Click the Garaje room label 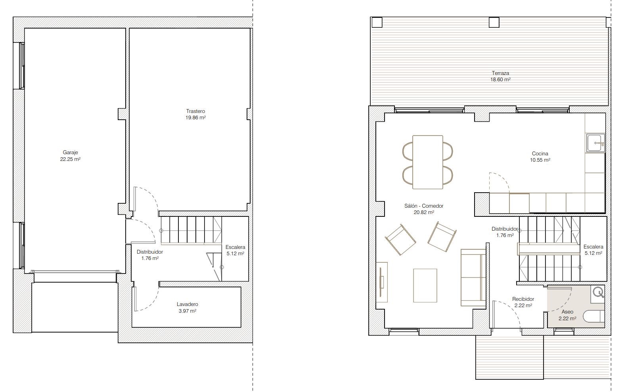pyautogui.click(x=70, y=152)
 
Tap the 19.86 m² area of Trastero pyautogui.click(x=195, y=118)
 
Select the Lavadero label pyautogui.click(x=187, y=304)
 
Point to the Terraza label pyautogui.click(x=500, y=73)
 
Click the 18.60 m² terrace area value pyautogui.click(x=500, y=79)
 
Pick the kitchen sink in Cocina pyautogui.click(x=595, y=143)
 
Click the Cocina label pyautogui.click(x=540, y=153)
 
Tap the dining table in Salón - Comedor pyautogui.click(x=428, y=162)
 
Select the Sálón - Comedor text pyautogui.click(x=424, y=206)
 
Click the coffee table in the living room pyautogui.click(x=425, y=285)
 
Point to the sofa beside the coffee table pyautogui.click(x=473, y=277)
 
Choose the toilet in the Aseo pyautogui.click(x=593, y=317)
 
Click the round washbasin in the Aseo pyautogui.click(x=597, y=293)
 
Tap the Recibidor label pyautogui.click(x=523, y=299)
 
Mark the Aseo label pyautogui.click(x=567, y=312)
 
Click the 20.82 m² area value pyautogui.click(x=424, y=212)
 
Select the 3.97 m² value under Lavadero pyautogui.click(x=187, y=311)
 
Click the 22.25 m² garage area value pyautogui.click(x=70, y=159)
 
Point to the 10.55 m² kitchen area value pyautogui.click(x=540, y=160)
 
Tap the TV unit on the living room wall pyautogui.click(x=381, y=282)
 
